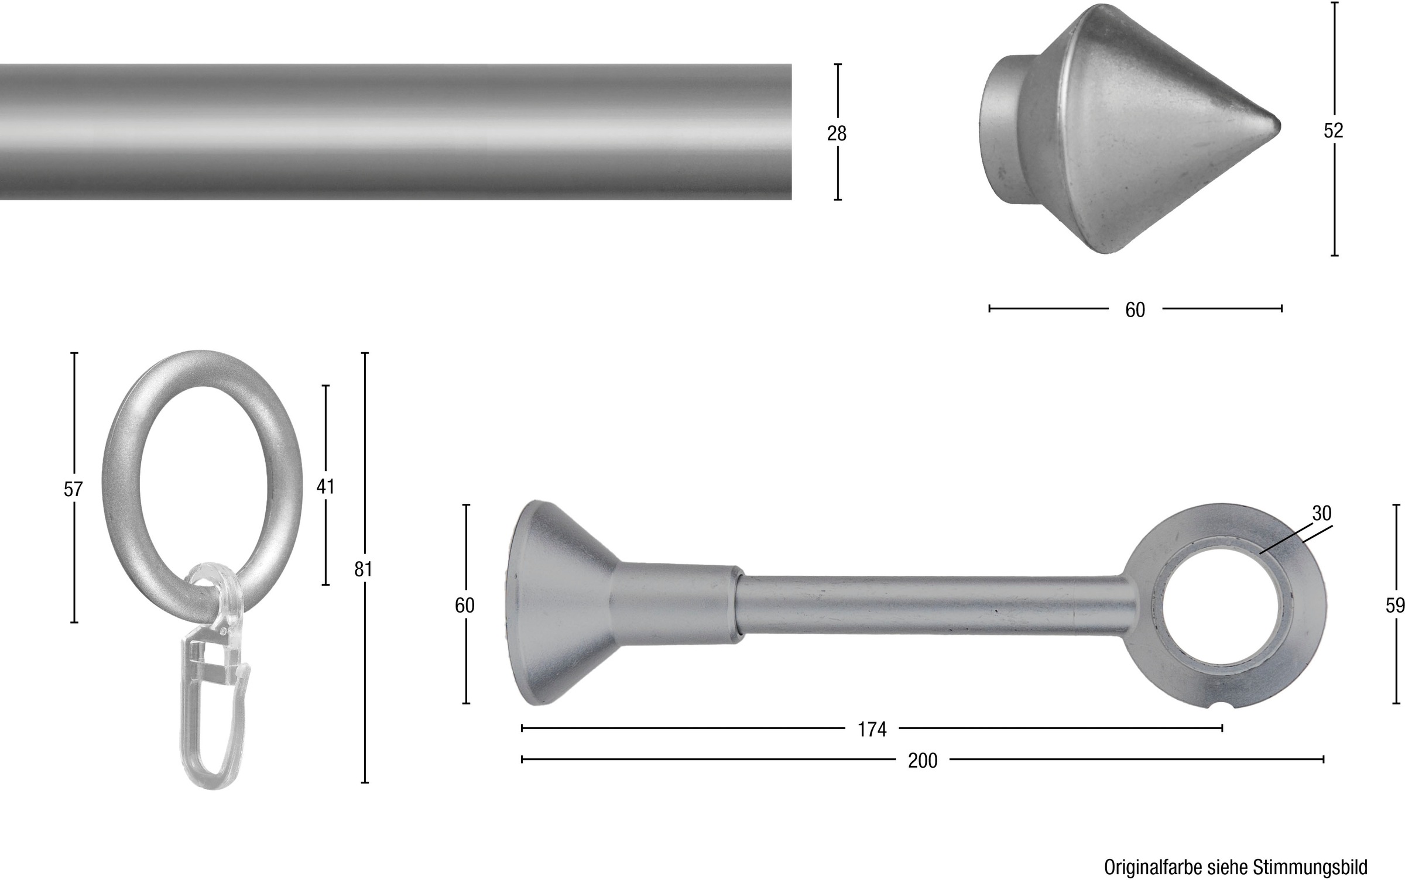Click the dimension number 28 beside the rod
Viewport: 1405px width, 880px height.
point(837,134)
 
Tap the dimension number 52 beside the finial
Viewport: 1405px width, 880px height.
point(1333,131)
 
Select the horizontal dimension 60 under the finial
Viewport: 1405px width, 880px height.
point(1135,310)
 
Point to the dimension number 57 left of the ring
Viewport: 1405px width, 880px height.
point(73,489)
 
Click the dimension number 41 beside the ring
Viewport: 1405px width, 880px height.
point(325,486)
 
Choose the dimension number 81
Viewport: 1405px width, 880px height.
point(364,569)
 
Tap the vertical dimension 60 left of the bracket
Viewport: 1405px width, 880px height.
point(465,606)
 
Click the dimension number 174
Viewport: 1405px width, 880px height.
point(872,730)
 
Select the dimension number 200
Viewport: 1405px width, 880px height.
point(923,761)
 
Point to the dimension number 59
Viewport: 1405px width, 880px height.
point(1395,606)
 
